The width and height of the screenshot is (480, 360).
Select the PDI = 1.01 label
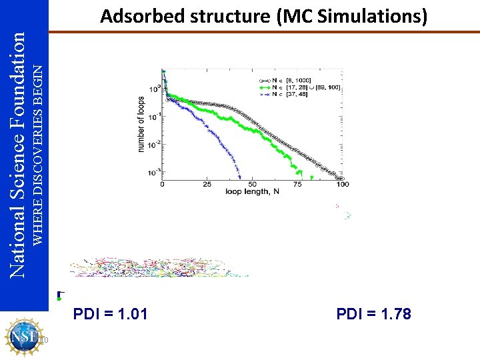point(111,313)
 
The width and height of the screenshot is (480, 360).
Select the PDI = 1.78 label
point(374,313)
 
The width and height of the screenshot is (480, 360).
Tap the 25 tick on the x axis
point(207,184)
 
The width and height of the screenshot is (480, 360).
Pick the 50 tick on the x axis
point(253,184)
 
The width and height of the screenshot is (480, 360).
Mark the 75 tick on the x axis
point(297,184)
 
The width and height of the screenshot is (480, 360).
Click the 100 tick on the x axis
point(342,184)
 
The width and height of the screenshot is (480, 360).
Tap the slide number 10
point(44,341)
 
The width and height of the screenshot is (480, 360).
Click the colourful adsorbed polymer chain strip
point(160,267)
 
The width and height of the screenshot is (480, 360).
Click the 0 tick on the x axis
point(163,184)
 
